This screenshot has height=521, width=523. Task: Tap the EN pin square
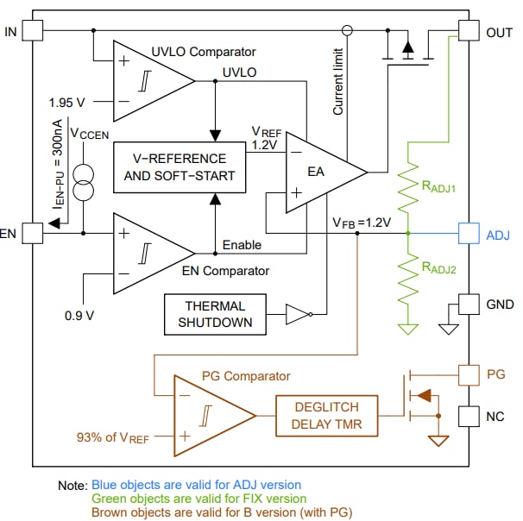coord(31,233)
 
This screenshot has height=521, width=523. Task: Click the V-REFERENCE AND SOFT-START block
coord(174,167)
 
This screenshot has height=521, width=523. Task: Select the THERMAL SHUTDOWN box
coord(215,314)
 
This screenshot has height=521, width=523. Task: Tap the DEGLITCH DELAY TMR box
coord(326,415)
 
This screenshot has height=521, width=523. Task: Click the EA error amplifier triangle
coord(320,171)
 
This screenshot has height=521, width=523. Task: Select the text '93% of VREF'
coord(112,438)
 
